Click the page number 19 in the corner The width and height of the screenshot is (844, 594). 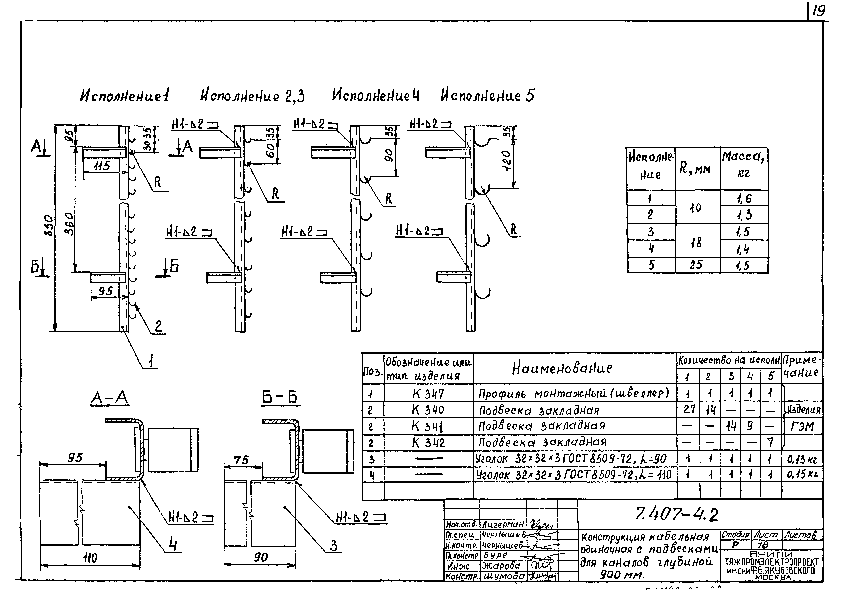point(818,11)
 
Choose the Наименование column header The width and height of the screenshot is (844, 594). point(562,368)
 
